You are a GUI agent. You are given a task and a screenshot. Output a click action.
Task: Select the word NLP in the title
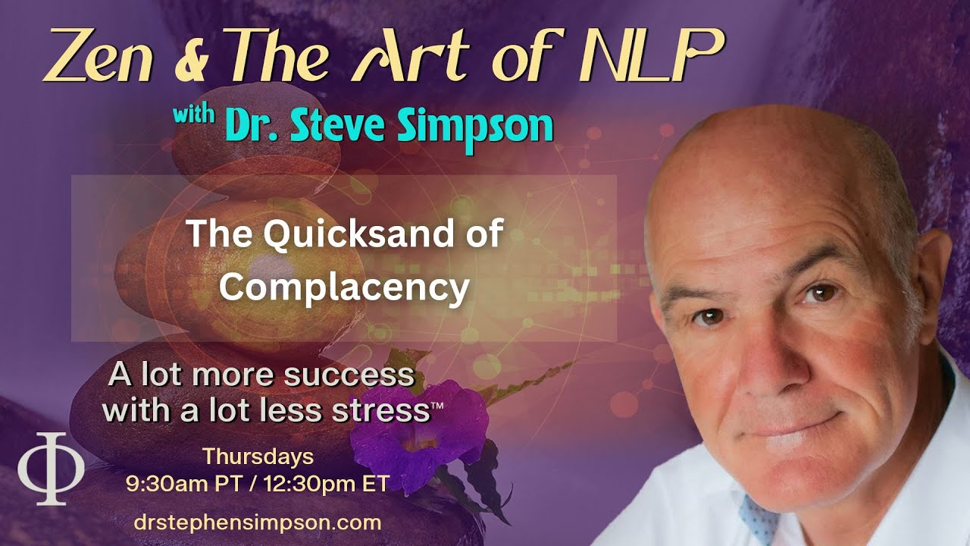point(659,57)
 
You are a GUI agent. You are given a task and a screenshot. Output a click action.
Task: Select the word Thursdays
point(258,457)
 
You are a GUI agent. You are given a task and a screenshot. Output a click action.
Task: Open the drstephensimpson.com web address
point(257,522)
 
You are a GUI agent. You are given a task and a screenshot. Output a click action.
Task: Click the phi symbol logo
point(52,469)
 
